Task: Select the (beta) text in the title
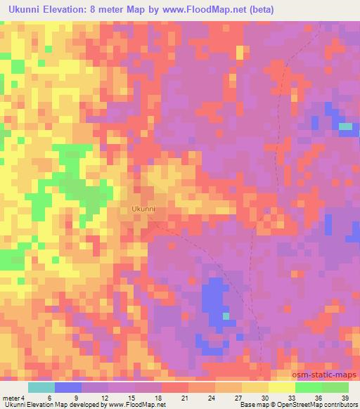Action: (x=258, y=9)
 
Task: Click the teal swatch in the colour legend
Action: (x=41, y=387)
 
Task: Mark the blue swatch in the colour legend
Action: (x=68, y=387)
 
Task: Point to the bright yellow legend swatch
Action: (x=282, y=387)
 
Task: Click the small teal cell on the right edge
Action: (x=345, y=126)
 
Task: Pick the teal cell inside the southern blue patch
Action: (x=226, y=316)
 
